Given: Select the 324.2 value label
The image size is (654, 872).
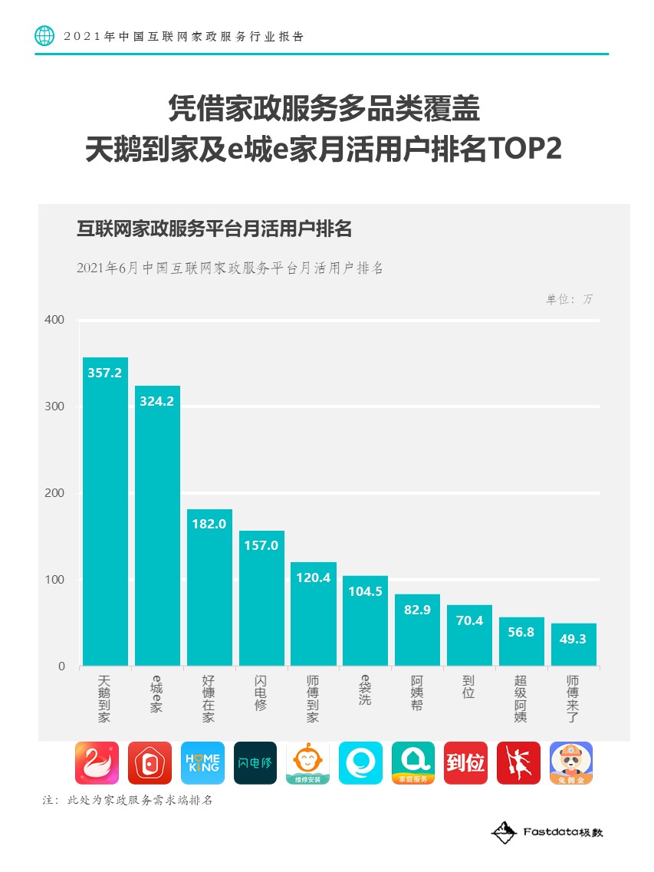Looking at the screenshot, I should click(157, 401).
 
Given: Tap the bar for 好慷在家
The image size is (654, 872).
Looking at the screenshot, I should click(209, 587).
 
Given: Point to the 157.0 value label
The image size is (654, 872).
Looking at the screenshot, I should click(261, 545).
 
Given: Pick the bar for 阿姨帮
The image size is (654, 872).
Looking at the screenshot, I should click(417, 630).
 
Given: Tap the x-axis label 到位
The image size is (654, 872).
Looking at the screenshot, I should click(469, 687).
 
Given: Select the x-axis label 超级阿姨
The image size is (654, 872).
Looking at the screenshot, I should click(521, 699).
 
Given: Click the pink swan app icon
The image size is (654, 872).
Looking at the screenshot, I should click(97, 763).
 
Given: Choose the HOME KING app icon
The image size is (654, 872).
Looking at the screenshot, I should click(202, 763).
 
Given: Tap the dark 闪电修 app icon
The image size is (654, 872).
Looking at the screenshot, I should click(255, 763).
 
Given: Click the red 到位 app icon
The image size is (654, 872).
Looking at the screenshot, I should click(465, 763).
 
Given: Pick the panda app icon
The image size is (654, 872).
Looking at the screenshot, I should click(571, 763).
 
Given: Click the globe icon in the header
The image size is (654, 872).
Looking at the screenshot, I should click(45, 36).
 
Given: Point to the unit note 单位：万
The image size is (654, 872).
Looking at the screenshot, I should click(569, 299).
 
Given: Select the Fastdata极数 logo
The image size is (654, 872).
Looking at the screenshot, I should click(547, 832).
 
